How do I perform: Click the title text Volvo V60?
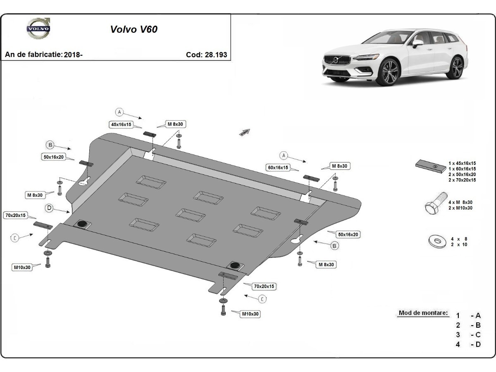coord(134,29)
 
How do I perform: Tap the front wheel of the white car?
coord(388,72)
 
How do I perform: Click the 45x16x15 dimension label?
coord(120,124)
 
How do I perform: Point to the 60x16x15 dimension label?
coord(278,167)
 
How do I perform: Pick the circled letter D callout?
coord(49,208)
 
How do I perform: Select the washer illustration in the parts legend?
coord(436,241)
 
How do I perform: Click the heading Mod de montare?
coord(423,313)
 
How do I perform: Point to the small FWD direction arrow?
coord(245,132)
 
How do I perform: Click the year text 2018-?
coord(73,55)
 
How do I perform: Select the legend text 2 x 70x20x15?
coord(462,180)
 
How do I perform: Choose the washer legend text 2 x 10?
coord(459,245)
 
